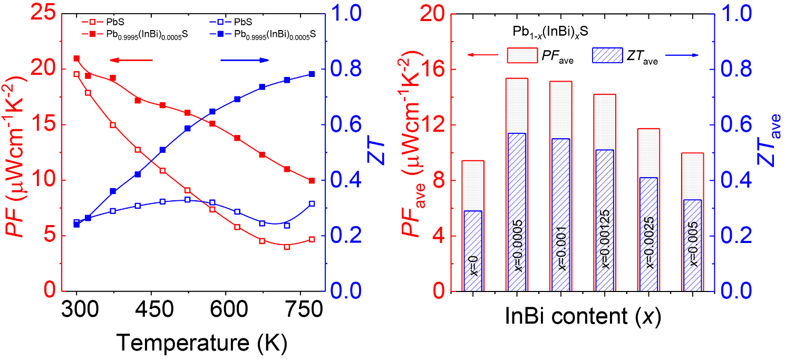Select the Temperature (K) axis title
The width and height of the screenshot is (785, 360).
coord(202,343)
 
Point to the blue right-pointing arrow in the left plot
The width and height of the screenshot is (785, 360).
coord(244,61)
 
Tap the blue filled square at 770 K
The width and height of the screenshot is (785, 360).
coord(312,74)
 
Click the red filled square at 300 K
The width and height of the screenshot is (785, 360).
coord(76,59)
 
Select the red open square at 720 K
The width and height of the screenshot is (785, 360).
coord(287,247)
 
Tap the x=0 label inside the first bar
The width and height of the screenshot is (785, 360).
coord(473,265)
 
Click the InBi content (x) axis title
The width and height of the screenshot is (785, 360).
coord(583,317)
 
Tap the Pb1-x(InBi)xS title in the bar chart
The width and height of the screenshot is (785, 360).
coord(551,32)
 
